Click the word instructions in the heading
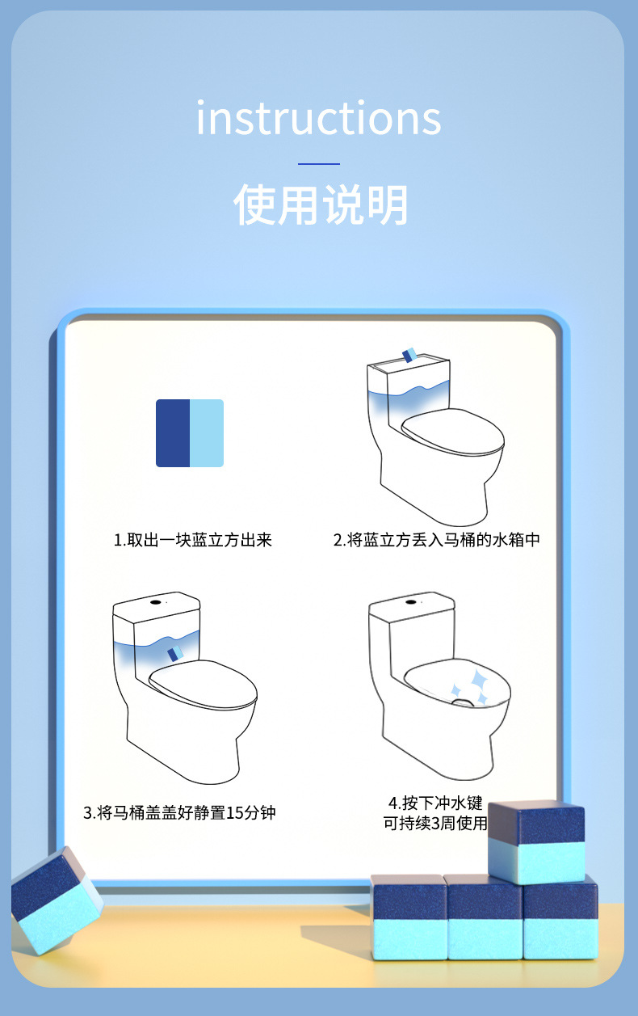pyautogui.click(x=319, y=118)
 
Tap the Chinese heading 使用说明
pyautogui.click(x=321, y=204)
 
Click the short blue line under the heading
pyautogui.click(x=319, y=164)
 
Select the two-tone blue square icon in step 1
pyautogui.click(x=190, y=433)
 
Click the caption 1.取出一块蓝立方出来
pyautogui.click(x=192, y=540)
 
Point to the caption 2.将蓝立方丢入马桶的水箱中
pyautogui.click(x=436, y=540)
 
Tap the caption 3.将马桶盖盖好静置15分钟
pyautogui.click(x=179, y=812)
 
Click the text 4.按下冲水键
pyautogui.click(x=435, y=803)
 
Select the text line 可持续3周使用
pyautogui.click(x=435, y=824)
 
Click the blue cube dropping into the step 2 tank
pyautogui.click(x=409, y=356)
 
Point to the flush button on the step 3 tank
pyautogui.click(x=153, y=602)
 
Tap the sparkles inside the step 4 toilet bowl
pyautogui.click(x=469, y=687)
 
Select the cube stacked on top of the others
pyautogui.click(x=536, y=841)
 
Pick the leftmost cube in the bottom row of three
pyautogui.click(x=409, y=918)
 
